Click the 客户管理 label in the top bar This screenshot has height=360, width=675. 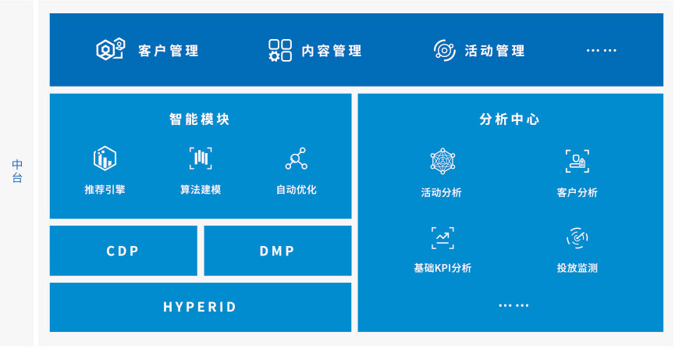pyautogui.click(x=169, y=51)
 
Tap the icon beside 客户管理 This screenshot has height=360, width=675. pyautogui.click(x=111, y=49)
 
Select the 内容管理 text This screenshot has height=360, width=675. pyautogui.click(x=332, y=51)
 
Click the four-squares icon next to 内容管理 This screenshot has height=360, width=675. pyautogui.click(x=280, y=51)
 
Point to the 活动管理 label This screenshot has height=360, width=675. pyautogui.click(x=495, y=51)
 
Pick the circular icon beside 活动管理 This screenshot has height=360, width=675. pyautogui.click(x=445, y=51)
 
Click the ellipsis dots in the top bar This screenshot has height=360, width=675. pyautogui.click(x=602, y=51)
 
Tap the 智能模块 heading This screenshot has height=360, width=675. pyautogui.click(x=199, y=119)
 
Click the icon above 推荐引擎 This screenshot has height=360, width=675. pyautogui.click(x=105, y=158)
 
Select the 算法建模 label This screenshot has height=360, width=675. pyautogui.click(x=201, y=190)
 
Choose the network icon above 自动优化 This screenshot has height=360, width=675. pyautogui.click(x=297, y=159)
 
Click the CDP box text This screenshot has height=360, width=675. pyautogui.click(x=123, y=251)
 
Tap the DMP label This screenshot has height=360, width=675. pyautogui.click(x=277, y=251)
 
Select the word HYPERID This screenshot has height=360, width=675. pyautogui.click(x=200, y=307)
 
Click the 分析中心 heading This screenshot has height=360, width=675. pyautogui.click(x=510, y=119)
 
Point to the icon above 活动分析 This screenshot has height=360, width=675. pyautogui.click(x=442, y=161)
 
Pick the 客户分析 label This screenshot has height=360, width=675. pyautogui.click(x=577, y=192)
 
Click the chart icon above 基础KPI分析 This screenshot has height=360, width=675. pyautogui.click(x=442, y=238)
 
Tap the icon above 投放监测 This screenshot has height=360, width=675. pyautogui.click(x=577, y=237)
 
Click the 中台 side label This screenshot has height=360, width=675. pyautogui.click(x=17, y=171)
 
